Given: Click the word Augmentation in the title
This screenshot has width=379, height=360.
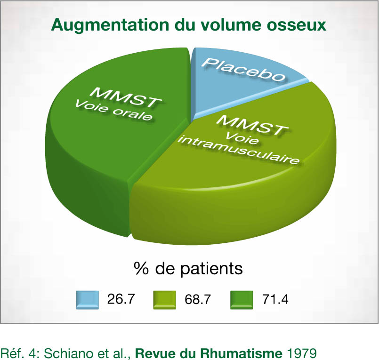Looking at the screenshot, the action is [110, 25].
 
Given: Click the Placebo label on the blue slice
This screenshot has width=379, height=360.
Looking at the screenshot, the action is [243, 69].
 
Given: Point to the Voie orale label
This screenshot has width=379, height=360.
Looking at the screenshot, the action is [114, 111].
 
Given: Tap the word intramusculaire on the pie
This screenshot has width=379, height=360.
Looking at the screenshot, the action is [239, 150].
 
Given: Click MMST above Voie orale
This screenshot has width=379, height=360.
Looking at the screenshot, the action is [126, 97].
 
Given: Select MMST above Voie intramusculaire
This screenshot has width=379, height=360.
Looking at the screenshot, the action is [253, 125].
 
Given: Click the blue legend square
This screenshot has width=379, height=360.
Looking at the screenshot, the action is [88, 300].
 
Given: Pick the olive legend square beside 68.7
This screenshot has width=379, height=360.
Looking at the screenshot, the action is [165, 300].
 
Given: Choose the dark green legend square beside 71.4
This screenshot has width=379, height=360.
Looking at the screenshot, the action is [242, 300].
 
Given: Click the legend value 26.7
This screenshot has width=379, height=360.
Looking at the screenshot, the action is [121, 299].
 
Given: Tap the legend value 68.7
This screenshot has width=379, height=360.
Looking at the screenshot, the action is [198, 299].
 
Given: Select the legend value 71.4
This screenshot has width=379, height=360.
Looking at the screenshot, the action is [275, 299].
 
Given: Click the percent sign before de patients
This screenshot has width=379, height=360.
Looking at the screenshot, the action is [141, 268].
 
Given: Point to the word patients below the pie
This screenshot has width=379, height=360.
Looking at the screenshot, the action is [211, 269].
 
